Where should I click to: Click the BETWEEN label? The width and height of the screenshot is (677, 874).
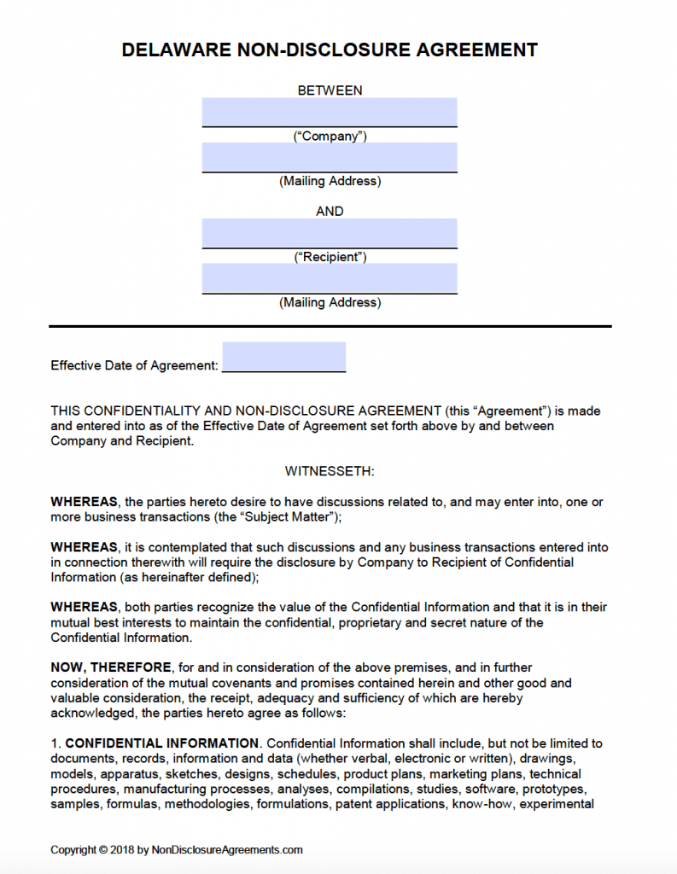[x=330, y=90]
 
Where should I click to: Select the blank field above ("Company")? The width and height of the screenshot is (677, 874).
[x=330, y=112]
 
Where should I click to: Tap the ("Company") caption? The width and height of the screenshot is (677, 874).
[x=330, y=137]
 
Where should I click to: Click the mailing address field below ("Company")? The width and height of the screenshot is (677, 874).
[x=330, y=157]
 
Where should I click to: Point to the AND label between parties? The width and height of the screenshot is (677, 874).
[x=330, y=212]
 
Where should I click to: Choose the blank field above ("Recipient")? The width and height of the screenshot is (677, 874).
[x=330, y=233]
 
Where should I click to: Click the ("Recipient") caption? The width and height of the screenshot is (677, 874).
[x=330, y=257]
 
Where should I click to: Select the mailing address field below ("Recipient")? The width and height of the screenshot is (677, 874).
[x=330, y=278]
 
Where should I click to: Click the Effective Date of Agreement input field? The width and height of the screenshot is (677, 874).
[x=283, y=357]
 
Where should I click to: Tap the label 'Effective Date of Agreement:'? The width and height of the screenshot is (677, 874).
[x=134, y=365]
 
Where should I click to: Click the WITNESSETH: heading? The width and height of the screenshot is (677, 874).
[x=330, y=471]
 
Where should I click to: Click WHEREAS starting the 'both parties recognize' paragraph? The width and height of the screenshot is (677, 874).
[x=84, y=607]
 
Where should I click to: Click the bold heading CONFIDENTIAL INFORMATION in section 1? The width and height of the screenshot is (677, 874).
[x=162, y=743]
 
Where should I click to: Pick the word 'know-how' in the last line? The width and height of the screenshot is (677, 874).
[x=487, y=804]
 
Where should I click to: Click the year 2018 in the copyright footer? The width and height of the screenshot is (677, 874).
[x=124, y=850]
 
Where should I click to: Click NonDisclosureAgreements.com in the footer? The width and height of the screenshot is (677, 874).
[x=227, y=850]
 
